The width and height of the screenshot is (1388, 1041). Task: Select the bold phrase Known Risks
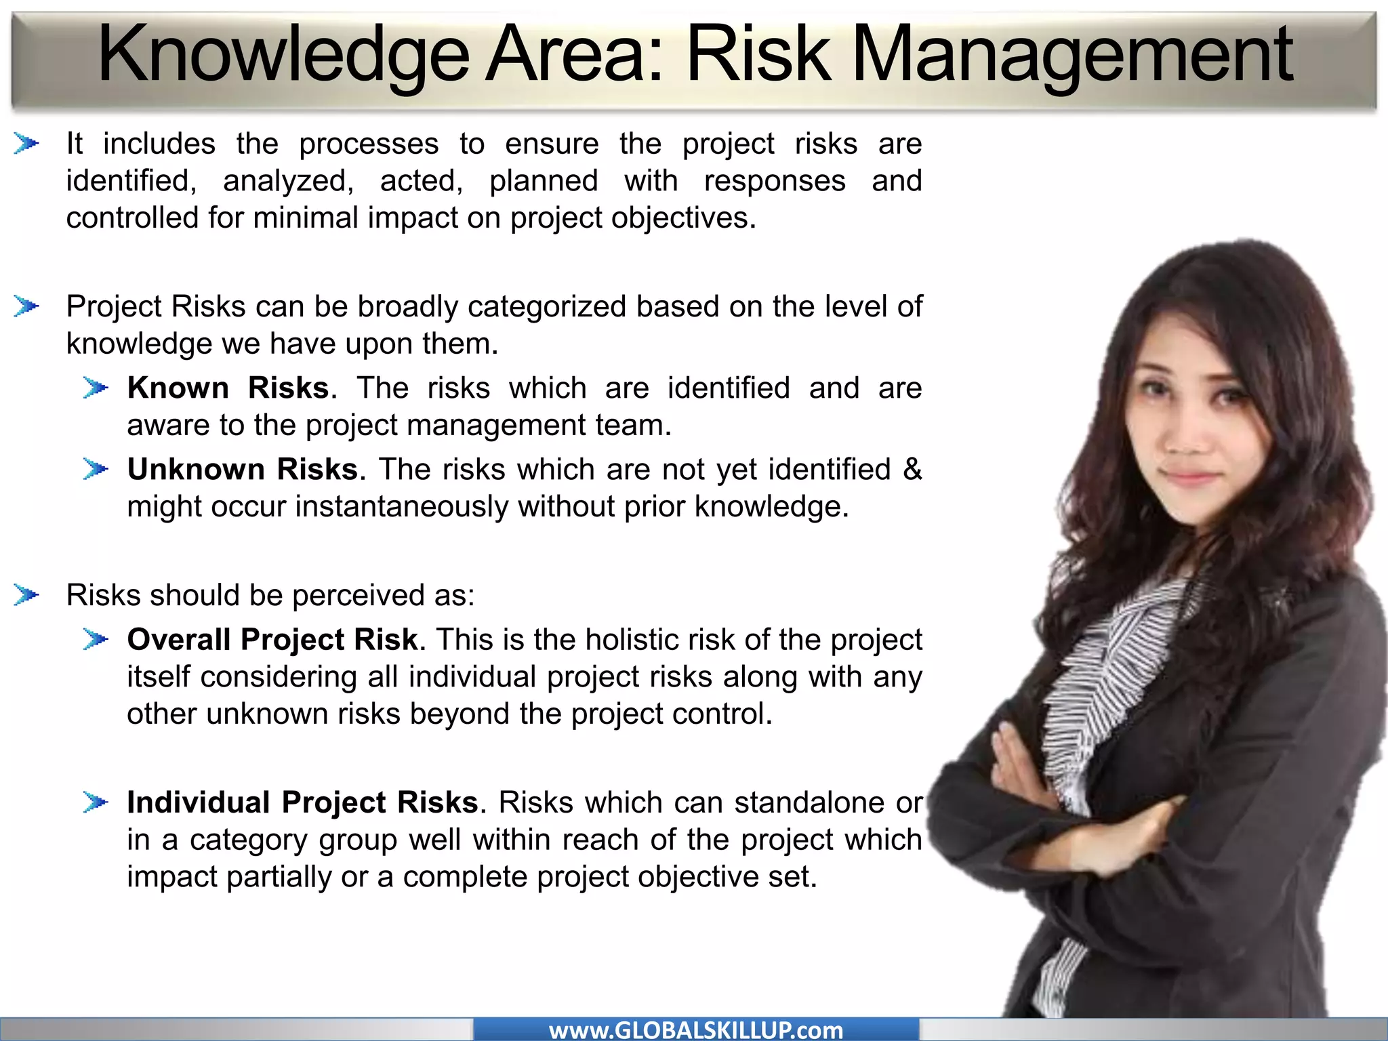(x=228, y=388)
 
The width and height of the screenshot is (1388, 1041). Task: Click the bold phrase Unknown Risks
(x=243, y=470)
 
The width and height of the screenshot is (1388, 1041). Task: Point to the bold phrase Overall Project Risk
(x=272, y=640)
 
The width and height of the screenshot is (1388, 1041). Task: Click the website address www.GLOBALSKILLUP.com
(x=696, y=1030)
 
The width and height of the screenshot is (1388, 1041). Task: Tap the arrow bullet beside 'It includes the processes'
(x=26, y=144)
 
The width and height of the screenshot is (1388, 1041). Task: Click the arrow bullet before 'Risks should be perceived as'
(x=26, y=595)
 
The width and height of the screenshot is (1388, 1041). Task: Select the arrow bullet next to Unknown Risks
(x=96, y=469)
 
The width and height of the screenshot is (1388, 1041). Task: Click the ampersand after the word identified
(x=912, y=469)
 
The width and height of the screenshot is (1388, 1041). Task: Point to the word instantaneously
(x=401, y=507)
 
